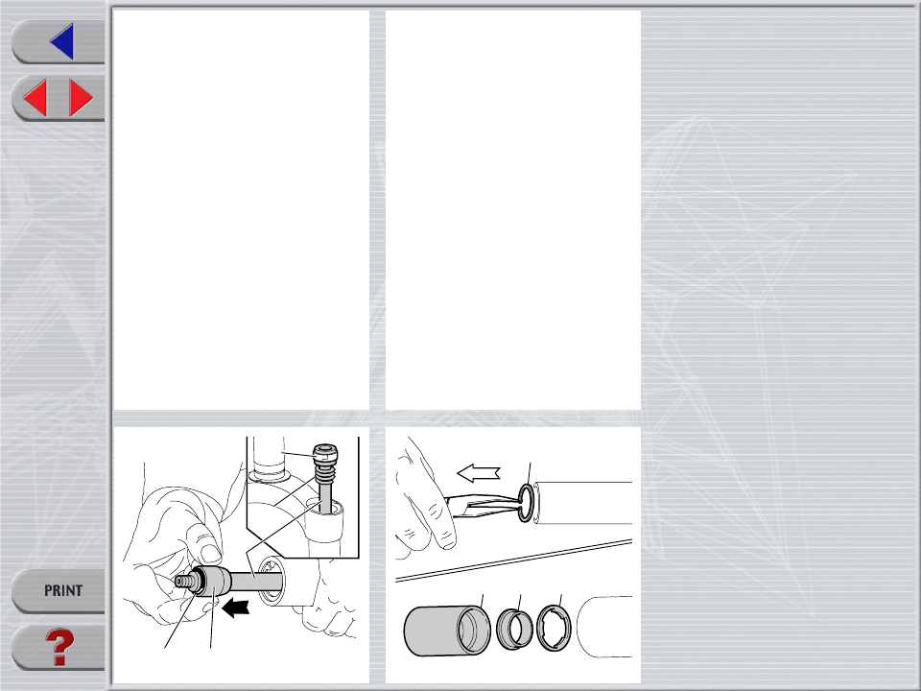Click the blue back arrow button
click(62, 41)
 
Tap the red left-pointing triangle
click(35, 98)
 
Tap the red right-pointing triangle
click(81, 98)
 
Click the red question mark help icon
click(59, 646)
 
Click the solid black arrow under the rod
click(236, 608)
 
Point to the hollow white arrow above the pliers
click(478, 472)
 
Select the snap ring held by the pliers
click(527, 503)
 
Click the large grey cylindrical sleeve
click(446, 631)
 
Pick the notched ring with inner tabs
click(554, 628)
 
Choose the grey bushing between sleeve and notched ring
click(514, 629)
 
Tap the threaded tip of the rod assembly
click(184, 582)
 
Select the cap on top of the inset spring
click(325, 453)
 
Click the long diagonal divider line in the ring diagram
click(513, 561)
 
